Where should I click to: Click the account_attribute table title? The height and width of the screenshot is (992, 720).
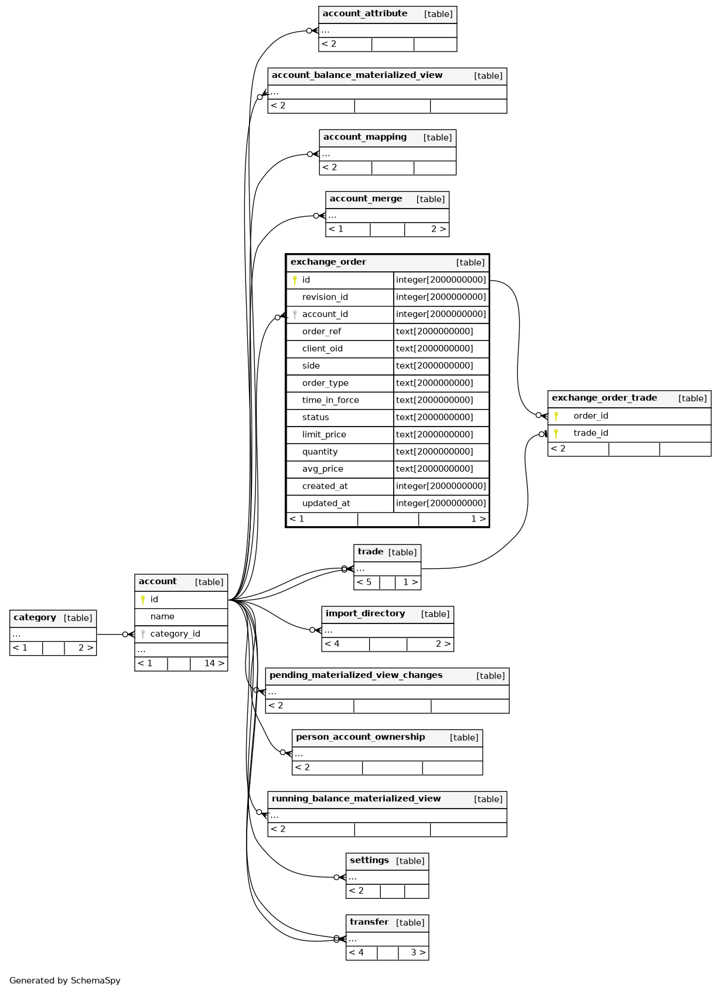pyautogui.click(x=365, y=13)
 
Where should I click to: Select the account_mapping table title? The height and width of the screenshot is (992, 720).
pyautogui.click(x=365, y=137)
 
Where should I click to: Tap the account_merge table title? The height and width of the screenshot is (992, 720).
pyautogui.click(x=366, y=199)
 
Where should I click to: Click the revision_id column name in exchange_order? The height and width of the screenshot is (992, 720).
pyautogui.click(x=325, y=297)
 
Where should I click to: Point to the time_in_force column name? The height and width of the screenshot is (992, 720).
pyautogui.click(x=330, y=400)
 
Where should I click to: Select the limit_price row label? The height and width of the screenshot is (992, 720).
pyautogui.click(x=324, y=435)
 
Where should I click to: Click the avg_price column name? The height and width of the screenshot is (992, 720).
pyautogui.click(x=322, y=469)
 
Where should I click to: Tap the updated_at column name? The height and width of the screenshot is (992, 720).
pyautogui.click(x=326, y=503)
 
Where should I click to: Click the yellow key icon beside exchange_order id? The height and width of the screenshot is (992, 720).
pyautogui.click(x=295, y=280)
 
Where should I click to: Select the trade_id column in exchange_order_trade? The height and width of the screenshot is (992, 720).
pyautogui.click(x=591, y=433)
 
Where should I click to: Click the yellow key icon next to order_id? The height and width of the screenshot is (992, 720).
pyautogui.click(x=556, y=416)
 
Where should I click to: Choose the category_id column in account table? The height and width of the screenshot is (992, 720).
pyautogui.click(x=175, y=634)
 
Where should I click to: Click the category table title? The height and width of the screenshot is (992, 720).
pyautogui.click(x=35, y=618)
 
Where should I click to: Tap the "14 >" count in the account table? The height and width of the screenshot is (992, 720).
pyautogui.click(x=214, y=663)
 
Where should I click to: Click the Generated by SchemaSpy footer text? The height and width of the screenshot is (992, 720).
pyautogui.click(x=64, y=980)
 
